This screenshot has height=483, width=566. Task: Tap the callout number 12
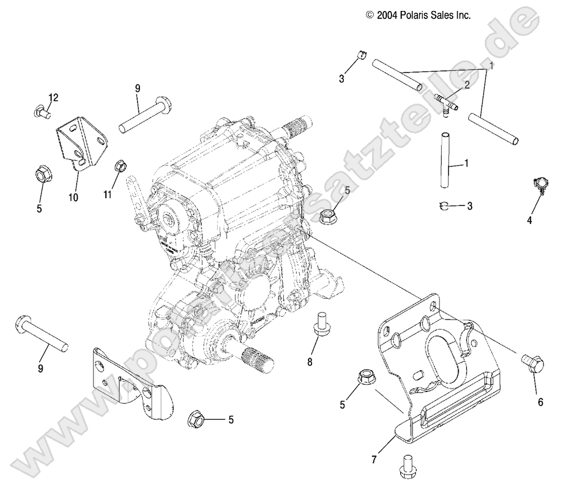click(x=54, y=97)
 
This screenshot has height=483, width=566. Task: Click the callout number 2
click(x=467, y=85)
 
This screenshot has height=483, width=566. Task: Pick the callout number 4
click(x=530, y=219)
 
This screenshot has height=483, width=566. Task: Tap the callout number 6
click(x=540, y=402)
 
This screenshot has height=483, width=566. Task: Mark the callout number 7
click(x=375, y=460)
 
